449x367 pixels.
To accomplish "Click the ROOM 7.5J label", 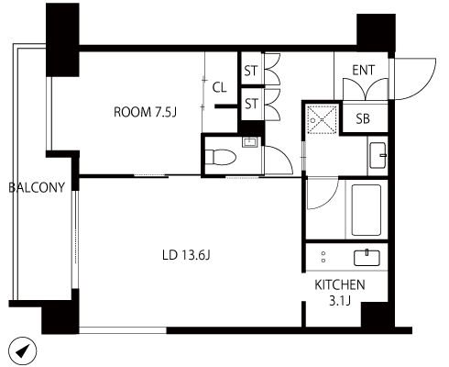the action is [145, 112].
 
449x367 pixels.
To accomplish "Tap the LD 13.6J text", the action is [186, 255].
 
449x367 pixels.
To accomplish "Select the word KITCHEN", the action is [340, 285].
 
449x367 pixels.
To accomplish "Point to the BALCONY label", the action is [37, 187].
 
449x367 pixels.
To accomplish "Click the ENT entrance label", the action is [363, 70].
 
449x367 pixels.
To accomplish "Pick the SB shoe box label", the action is [363, 118].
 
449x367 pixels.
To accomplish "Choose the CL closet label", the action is [219, 88].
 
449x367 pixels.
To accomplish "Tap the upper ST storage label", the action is [251, 71].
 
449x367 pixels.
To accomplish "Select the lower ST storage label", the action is [251, 104].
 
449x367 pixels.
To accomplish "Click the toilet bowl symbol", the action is [221, 157].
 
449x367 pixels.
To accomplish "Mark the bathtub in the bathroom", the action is [367, 210].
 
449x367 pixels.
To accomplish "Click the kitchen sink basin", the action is [367, 258].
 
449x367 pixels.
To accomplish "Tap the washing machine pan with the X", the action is [322, 119].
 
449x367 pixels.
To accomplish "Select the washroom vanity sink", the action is [378, 155].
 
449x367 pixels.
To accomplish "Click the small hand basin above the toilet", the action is [250, 142].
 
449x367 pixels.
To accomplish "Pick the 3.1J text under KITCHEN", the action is [340, 301].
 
